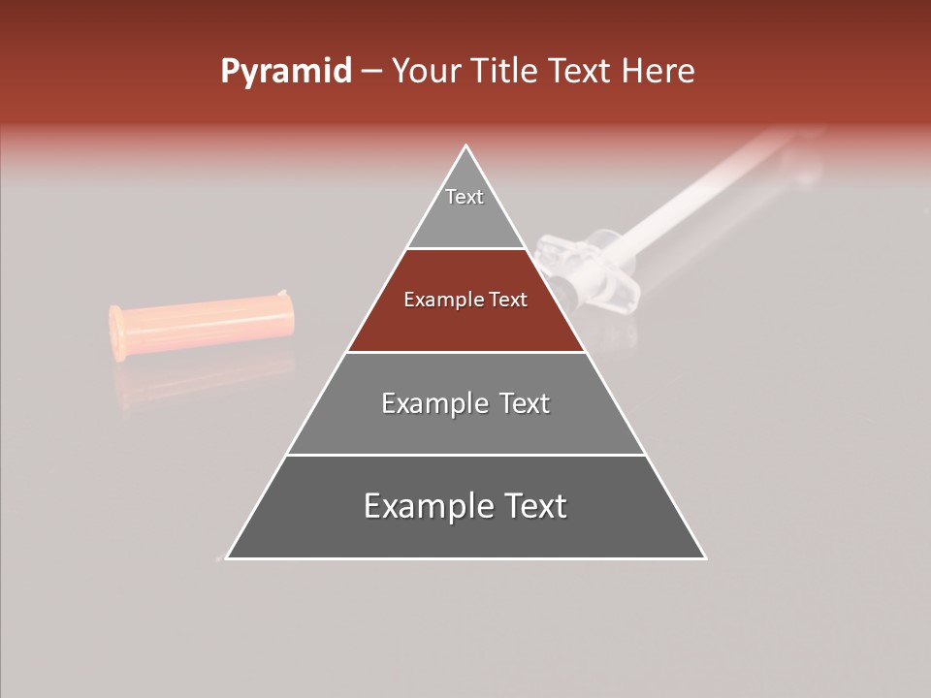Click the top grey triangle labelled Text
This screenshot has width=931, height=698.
(465, 208)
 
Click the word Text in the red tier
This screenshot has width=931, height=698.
(507, 300)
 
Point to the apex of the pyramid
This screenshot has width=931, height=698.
(466, 146)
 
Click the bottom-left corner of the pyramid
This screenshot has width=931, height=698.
(228, 557)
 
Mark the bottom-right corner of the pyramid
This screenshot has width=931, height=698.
(704, 557)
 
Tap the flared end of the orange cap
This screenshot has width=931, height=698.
(117, 333)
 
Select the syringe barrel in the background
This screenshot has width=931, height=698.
(698, 194)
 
